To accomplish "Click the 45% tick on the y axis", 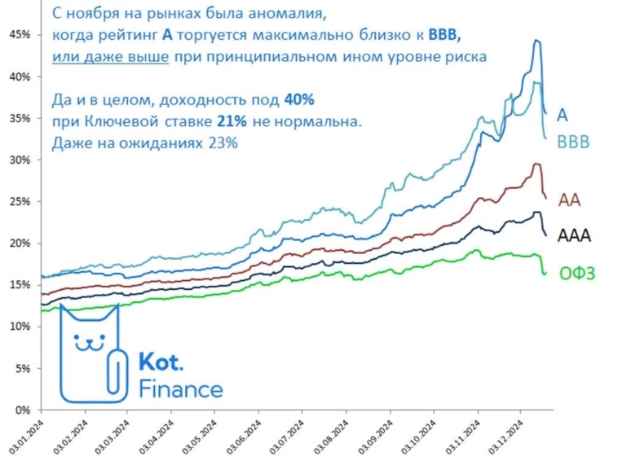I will tap(19, 34).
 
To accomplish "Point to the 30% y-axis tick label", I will tap(19, 160).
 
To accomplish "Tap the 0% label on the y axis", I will tap(22, 410).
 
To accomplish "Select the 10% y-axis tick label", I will tap(19, 327).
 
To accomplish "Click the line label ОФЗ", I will tap(577, 274).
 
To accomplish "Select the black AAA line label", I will tap(574, 235).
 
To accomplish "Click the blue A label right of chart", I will tap(563, 114).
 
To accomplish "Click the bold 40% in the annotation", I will tap(298, 99).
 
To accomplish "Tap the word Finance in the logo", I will tap(180, 388).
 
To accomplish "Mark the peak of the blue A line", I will tap(536, 40).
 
